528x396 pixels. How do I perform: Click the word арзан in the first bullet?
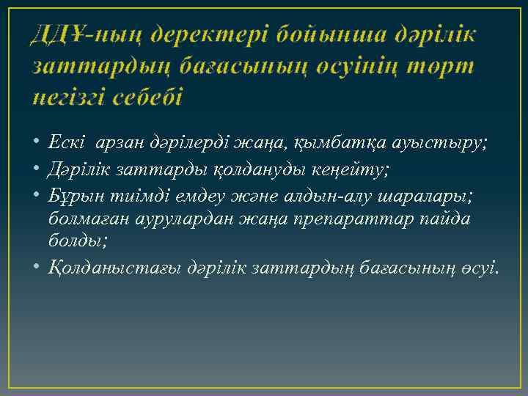pos(114,142)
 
